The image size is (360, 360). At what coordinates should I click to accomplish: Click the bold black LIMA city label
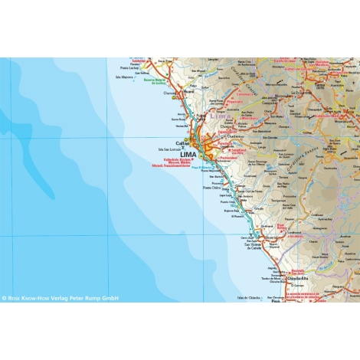188,153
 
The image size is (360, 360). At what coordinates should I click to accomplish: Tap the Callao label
182,142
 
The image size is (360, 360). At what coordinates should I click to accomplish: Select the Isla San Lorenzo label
167,149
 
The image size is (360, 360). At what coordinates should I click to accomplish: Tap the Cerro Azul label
246,238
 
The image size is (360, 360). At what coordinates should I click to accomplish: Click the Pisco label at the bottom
275,300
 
